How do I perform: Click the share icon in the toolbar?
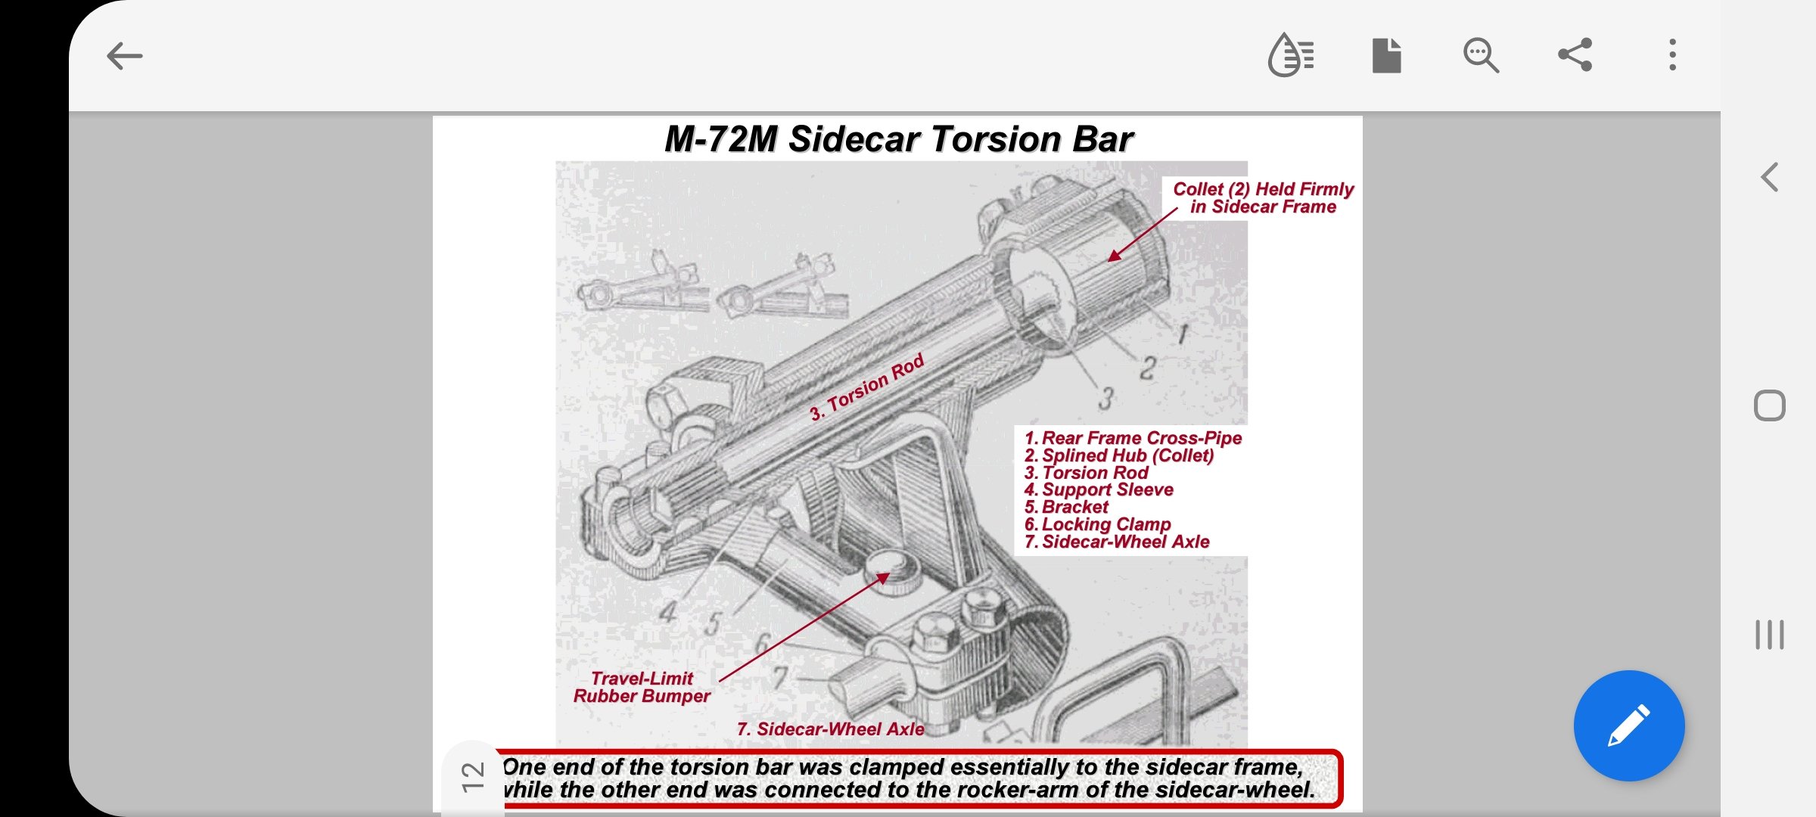point(1575,55)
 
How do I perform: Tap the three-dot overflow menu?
point(1672,55)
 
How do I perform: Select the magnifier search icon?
point(1481,55)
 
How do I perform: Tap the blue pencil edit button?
point(1629,725)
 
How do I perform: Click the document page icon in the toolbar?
point(1386,55)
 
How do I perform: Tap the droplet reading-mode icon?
point(1291,55)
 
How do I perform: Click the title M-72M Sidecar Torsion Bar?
point(898,139)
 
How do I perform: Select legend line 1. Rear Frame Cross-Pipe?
point(1133,438)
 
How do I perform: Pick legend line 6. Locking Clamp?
point(1097,524)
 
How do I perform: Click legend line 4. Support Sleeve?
point(1099,489)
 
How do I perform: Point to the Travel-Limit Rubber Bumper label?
point(642,687)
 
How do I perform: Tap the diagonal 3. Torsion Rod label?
point(867,387)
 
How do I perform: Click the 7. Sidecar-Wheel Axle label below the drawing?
point(830,729)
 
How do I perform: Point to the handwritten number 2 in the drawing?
point(1148,368)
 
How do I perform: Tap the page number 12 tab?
point(473,777)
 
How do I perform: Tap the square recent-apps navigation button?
point(1769,406)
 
